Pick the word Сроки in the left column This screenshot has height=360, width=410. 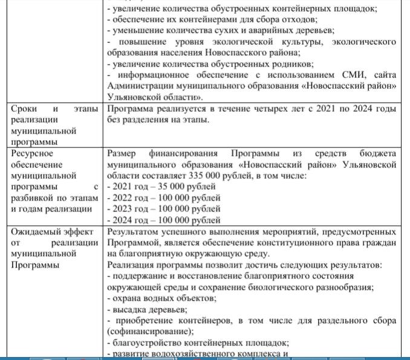coord(25,109)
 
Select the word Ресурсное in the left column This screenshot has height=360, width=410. coord(32,153)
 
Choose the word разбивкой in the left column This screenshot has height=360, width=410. coord(32,198)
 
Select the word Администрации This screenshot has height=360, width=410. coord(140,86)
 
